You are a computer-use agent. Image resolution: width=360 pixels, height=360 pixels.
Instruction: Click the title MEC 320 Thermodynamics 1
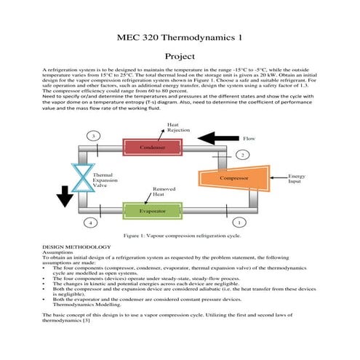(180, 36)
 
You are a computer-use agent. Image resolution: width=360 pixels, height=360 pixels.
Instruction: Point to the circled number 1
(239, 221)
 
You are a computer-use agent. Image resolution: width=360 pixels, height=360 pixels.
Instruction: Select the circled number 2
(243, 155)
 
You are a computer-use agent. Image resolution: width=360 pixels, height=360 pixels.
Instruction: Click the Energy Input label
(297, 179)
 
